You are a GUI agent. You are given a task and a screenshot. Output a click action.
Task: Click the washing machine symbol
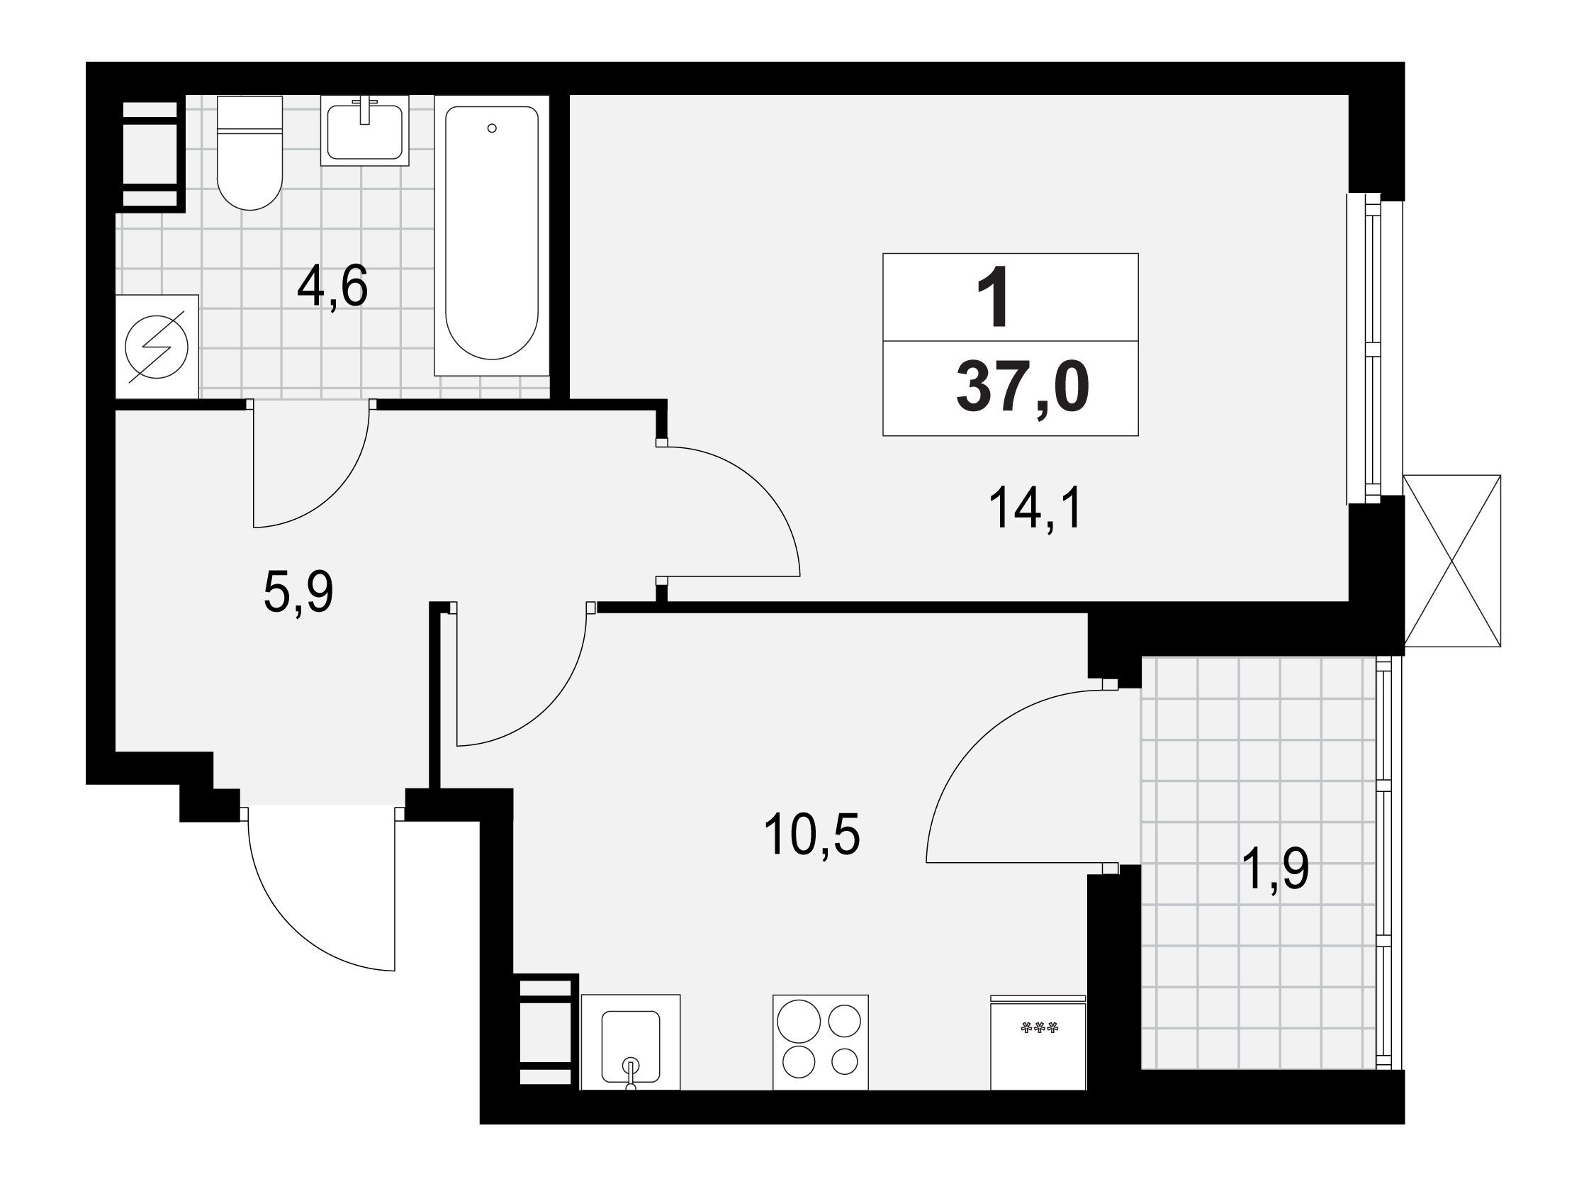(x=157, y=347)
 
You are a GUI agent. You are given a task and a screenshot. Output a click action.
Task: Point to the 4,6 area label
(x=332, y=286)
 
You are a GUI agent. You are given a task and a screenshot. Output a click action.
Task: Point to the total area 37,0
(x=1023, y=389)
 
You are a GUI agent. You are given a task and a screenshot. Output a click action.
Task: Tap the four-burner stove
(x=821, y=1042)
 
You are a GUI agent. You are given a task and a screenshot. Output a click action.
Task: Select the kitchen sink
(x=630, y=1042)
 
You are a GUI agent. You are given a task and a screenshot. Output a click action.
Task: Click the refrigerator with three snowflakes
(x=1038, y=1042)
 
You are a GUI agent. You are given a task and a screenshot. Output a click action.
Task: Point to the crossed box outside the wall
(x=1451, y=561)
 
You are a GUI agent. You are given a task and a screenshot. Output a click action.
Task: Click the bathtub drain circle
(x=491, y=128)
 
